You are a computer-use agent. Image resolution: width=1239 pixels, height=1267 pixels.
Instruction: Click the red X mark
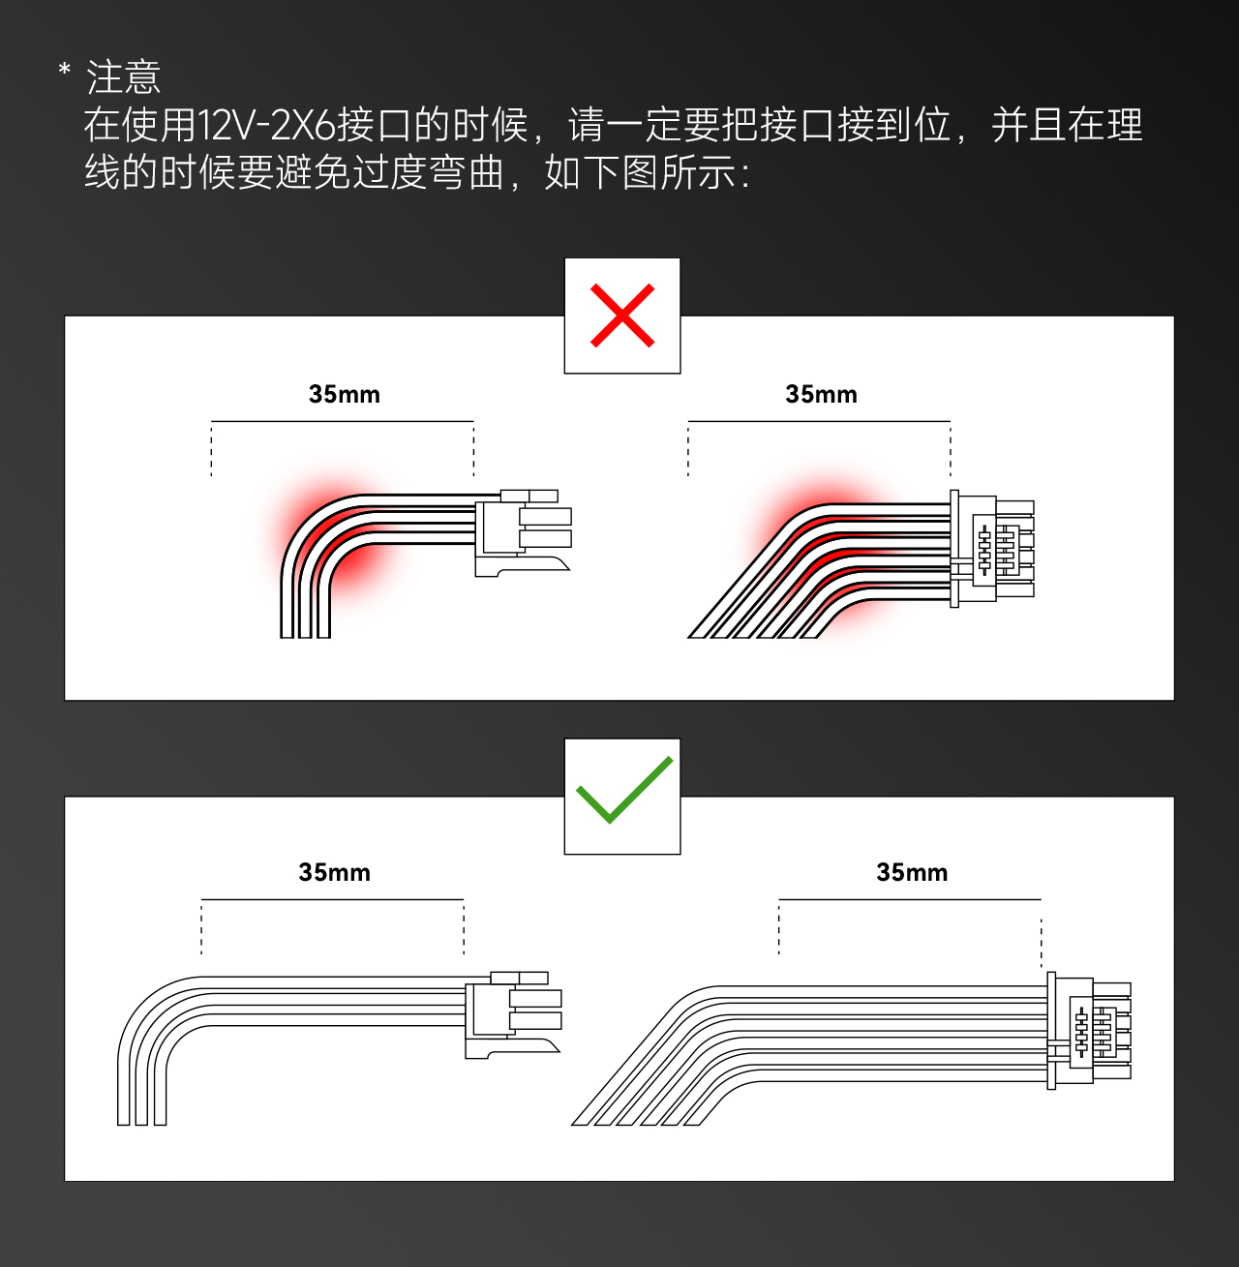click(622, 316)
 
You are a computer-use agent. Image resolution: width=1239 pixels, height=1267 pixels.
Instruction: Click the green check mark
click(623, 790)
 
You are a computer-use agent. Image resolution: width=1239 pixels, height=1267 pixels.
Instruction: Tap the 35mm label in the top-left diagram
click(345, 394)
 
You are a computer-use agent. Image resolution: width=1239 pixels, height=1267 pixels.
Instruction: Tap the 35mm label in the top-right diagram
click(821, 394)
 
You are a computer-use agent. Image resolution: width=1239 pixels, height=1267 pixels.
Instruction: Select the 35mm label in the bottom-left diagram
click(334, 872)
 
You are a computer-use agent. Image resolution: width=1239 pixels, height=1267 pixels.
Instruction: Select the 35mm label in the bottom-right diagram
click(912, 872)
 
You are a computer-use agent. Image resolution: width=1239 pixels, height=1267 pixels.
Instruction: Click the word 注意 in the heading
click(124, 77)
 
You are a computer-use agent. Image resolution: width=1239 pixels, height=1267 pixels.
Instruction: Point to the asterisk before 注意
click(65, 72)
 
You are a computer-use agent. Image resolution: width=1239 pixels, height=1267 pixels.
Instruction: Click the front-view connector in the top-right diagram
click(992, 549)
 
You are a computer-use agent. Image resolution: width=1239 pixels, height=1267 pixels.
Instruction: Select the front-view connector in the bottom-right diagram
click(1089, 1031)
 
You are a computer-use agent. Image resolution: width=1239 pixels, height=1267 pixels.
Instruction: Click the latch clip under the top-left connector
click(532, 565)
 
